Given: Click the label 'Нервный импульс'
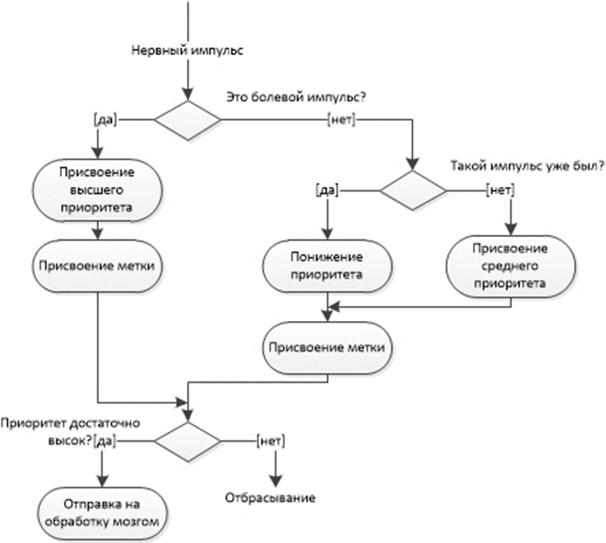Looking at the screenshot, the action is click(188, 50).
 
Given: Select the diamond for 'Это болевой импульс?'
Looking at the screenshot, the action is click(188, 121).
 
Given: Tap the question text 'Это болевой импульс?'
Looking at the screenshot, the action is click(296, 97).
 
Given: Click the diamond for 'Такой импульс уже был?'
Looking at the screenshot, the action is click(413, 191).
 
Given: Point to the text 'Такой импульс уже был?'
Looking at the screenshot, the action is click(528, 166).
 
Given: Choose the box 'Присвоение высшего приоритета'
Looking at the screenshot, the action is click(97, 190).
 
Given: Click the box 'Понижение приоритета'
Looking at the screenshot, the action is click(327, 266).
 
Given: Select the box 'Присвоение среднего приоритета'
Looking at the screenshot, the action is click(510, 266).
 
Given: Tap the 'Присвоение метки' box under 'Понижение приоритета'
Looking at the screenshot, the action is click(327, 348).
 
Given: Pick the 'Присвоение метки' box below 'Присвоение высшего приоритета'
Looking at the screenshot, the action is click(97, 266).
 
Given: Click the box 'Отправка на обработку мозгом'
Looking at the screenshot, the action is click(102, 513).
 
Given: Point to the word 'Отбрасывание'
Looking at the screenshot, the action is click(270, 497).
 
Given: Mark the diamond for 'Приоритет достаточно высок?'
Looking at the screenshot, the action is click(188, 442).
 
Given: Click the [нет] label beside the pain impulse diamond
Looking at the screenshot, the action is click(341, 120).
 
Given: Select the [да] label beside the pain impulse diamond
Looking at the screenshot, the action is click(105, 120).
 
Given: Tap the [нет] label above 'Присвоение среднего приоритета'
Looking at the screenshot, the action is click(501, 190).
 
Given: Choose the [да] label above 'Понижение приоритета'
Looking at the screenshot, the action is click(327, 190).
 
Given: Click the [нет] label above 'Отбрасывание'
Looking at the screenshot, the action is click(271, 441).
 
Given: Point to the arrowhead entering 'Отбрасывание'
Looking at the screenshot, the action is click(276, 481).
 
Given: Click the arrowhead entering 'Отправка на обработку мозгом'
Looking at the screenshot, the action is click(102, 481).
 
